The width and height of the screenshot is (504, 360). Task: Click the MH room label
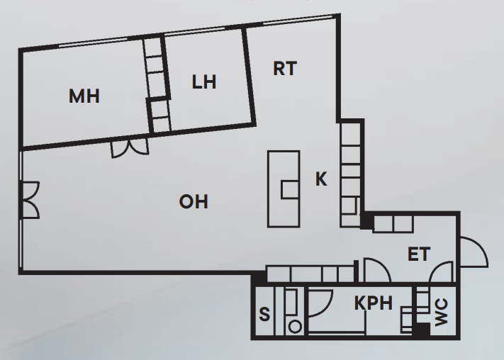[x=84, y=96]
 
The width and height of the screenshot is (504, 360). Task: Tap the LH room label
[x=204, y=82]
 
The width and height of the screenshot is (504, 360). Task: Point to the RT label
[x=284, y=69]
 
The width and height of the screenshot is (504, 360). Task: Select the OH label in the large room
[x=194, y=202]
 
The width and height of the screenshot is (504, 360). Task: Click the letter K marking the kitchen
[x=321, y=180]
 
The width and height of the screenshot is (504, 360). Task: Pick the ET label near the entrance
[x=418, y=254]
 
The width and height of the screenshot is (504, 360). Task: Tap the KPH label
[x=373, y=304]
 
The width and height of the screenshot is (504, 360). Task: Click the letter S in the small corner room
[x=264, y=313]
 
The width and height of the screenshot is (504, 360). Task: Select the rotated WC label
[x=441, y=313]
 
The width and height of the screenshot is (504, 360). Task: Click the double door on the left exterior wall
[x=29, y=200]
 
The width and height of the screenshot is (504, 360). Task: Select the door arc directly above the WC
[x=442, y=273]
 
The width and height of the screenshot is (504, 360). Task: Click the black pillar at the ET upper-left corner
[x=366, y=223]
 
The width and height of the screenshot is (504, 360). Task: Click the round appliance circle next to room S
[x=295, y=326]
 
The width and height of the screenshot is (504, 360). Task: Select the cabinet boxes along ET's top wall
[x=393, y=223]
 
